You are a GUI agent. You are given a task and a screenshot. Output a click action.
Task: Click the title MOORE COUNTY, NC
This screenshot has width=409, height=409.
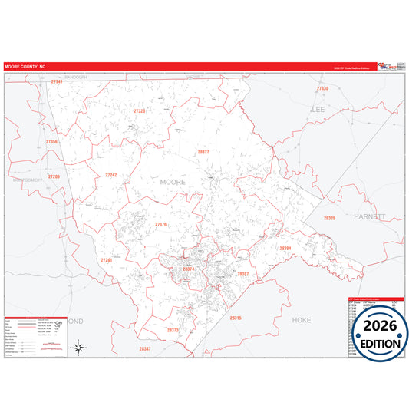pos(25,66)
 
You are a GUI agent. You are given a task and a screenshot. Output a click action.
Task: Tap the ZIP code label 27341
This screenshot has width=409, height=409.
pos(55,81)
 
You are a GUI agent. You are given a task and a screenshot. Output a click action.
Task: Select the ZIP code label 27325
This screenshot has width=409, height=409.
pos(139,111)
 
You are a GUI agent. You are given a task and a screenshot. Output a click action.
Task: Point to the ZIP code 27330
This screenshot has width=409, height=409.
pos(322,89)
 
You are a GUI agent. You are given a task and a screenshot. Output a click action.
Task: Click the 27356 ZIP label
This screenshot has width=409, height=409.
pos(51,142)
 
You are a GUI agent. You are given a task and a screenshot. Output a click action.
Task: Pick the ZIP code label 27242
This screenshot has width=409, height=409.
pos(110,175)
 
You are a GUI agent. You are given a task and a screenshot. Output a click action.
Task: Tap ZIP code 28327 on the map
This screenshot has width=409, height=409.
pos(203,152)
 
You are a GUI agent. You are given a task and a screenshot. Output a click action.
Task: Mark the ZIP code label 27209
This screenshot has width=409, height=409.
pos(54,176)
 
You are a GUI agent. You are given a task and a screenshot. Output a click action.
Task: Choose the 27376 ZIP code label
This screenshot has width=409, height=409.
pos(160,224)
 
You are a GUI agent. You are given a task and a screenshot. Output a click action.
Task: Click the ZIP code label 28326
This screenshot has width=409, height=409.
pos(329,219)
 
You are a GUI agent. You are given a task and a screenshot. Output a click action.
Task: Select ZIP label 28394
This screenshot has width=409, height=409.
pos(285,249)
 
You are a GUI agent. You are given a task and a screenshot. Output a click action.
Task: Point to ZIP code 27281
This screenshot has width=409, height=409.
pos(107,260)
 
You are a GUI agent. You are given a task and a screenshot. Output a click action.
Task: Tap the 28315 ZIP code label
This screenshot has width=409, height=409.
pos(235,317)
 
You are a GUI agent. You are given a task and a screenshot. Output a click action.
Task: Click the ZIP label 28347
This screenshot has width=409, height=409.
pos(145,349)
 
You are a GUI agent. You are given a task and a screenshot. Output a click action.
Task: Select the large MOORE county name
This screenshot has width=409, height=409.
pos(173,182)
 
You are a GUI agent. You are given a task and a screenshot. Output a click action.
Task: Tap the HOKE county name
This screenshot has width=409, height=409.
pos(302,319)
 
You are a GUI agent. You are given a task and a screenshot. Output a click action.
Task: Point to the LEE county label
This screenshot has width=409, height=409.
pos(317,110)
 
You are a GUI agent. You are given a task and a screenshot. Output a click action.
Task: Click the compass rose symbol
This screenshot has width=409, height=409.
pos(79,347)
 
